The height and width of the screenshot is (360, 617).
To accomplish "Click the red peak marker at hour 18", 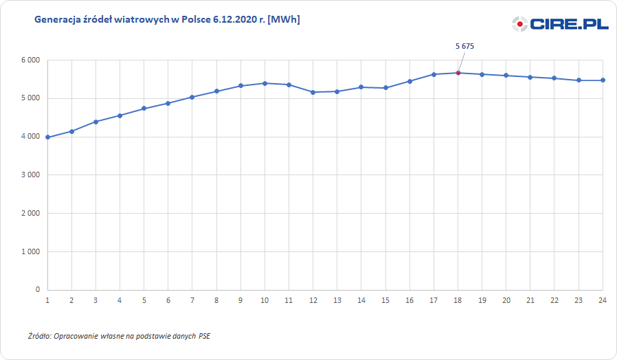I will pyautogui.click(x=458, y=73).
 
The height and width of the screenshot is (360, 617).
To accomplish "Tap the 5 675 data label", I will pyautogui.click(x=465, y=46).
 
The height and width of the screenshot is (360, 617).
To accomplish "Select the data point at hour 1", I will pyautogui.click(x=47, y=137).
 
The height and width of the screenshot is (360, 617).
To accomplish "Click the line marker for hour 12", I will pyautogui.click(x=313, y=92).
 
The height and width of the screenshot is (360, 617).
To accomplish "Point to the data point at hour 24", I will pyautogui.click(x=603, y=80).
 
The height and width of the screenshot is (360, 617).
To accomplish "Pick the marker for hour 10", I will pyautogui.click(x=265, y=83).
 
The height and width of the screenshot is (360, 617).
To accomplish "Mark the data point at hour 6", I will pyautogui.click(x=168, y=103).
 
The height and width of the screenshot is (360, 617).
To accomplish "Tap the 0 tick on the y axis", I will pyautogui.click(x=37, y=290).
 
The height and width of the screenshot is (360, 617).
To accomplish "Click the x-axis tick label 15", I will pyautogui.click(x=385, y=300).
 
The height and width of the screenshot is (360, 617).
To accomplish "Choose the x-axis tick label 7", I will pyautogui.click(x=192, y=300).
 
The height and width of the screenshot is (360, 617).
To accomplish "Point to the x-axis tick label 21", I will pyautogui.click(x=530, y=300).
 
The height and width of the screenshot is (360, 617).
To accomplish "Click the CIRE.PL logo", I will pyautogui.click(x=560, y=24).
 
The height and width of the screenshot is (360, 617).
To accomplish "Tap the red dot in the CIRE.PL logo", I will pyautogui.click(x=520, y=25).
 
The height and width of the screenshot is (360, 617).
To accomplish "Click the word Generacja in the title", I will pyautogui.click(x=57, y=20).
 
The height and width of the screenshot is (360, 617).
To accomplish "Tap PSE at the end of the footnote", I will pyautogui.click(x=205, y=337).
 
